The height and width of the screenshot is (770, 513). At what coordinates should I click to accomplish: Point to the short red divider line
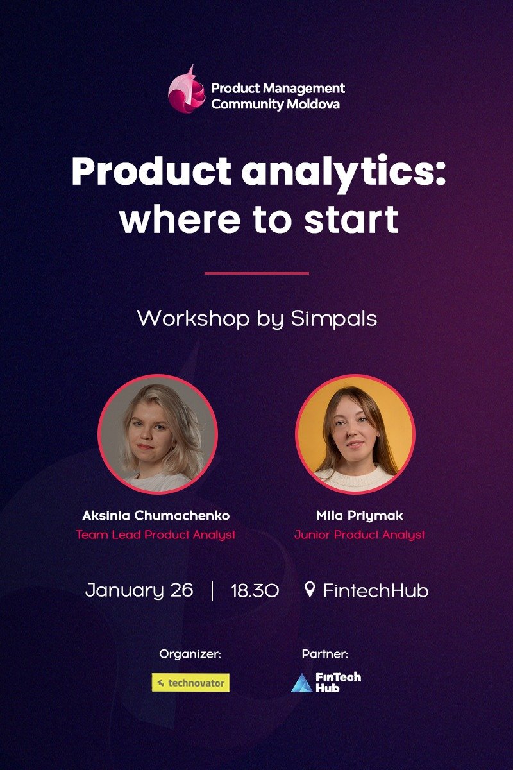coord(256,273)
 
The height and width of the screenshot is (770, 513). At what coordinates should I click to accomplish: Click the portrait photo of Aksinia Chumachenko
coord(157,435)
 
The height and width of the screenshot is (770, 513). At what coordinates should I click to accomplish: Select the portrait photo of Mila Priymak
coord(355,435)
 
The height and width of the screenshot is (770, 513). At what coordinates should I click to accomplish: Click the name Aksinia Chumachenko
coord(156,516)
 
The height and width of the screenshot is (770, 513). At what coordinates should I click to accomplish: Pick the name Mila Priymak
coord(360,516)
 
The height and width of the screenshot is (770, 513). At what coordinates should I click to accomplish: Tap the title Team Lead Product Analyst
coord(156,535)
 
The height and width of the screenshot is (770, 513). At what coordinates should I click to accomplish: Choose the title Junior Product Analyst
coord(360,535)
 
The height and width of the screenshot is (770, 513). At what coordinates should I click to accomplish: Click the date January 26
coord(139,590)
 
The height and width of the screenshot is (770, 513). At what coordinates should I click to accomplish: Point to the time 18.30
coord(255,590)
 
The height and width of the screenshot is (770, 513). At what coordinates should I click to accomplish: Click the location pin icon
coord(310,589)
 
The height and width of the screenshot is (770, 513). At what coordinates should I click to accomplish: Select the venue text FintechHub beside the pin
coord(375,590)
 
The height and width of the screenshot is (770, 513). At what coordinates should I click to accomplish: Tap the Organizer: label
coord(190,654)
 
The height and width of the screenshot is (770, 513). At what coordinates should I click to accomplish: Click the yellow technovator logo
coord(190,683)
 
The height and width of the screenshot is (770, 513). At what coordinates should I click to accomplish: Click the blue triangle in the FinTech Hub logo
coord(301,684)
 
